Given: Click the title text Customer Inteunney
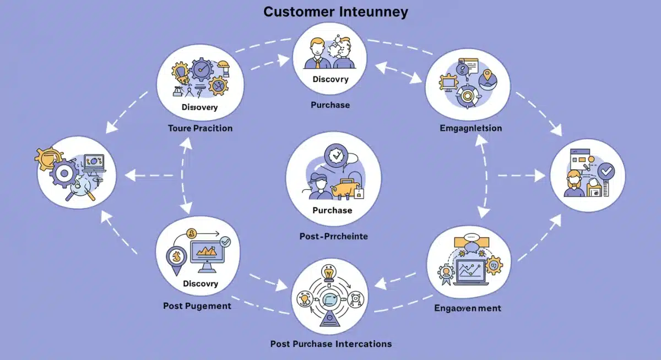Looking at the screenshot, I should click(x=336, y=12).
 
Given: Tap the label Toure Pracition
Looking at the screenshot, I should click(x=200, y=128).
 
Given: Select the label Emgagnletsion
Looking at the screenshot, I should click(x=471, y=128).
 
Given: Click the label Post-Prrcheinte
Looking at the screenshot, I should click(x=333, y=236).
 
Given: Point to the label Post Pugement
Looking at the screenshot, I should click(x=197, y=306).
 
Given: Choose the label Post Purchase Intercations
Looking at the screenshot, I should click(x=331, y=344).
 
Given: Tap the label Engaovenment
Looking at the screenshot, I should click(x=468, y=308).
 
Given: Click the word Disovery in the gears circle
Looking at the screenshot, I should click(x=199, y=107).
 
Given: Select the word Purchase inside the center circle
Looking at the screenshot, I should click(x=332, y=210).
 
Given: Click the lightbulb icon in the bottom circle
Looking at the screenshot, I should click(x=329, y=272).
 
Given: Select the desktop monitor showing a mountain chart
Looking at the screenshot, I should click(x=209, y=254).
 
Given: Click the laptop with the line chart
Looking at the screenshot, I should click(x=472, y=272).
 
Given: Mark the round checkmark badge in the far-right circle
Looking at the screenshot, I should click(x=606, y=173).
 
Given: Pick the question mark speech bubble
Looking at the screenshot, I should click(x=462, y=69).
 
